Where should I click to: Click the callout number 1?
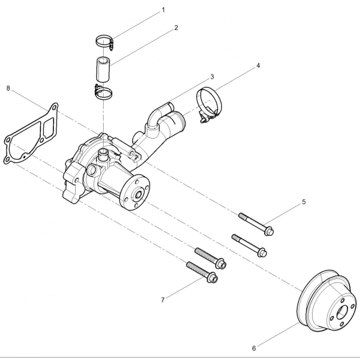pyautogui.click(x=163, y=10)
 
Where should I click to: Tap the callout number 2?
pyautogui.click(x=176, y=28)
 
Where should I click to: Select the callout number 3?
pyautogui.click(x=212, y=77)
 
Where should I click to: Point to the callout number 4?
pyautogui.click(x=258, y=65)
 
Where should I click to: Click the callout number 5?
pyautogui.click(x=304, y=202)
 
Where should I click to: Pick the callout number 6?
pyautogui.click(x=254, y=348)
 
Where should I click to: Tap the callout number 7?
pyautogui.click(x=163, y=300)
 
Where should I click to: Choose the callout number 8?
pyautogui.click(x=8, y=88)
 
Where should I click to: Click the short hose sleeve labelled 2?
pyautogui.click(x=103, y=69)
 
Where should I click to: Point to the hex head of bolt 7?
pyautogui.click(x=213, y=277)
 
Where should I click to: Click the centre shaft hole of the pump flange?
pyautogui.click(x=139, y=195)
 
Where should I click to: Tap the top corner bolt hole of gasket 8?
pyautogui.click(x=54, y=107)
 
